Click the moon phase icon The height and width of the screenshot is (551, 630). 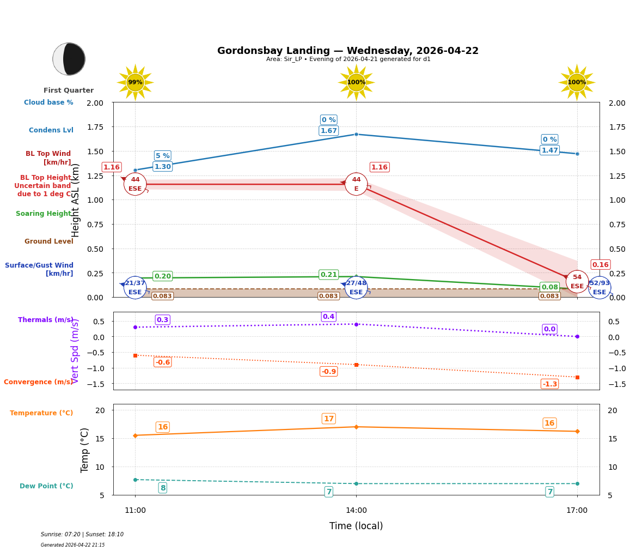point(69,59)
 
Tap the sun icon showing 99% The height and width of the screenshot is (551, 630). point(135,82)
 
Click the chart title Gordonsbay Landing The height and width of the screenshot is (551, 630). point(347,51)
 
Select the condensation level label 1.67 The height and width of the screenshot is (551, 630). point(328,131)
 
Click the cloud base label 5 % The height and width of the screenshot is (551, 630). point(162,156)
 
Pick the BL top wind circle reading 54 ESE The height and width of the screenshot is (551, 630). point(577,282)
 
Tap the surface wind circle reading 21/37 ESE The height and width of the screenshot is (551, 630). point(135,287)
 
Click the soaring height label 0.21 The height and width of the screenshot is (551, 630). point(328,275)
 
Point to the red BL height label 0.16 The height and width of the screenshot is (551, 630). point(600,265)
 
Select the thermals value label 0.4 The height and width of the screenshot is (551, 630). point(328,317)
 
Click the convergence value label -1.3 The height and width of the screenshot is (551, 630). point(549,384)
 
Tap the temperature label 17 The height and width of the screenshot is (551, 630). point(328,419)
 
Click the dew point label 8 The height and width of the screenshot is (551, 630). point(162,488)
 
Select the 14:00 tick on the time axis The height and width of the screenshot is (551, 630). point(356,511)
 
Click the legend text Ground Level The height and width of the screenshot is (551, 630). point(48,241)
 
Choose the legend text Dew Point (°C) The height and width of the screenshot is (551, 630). point(46,486)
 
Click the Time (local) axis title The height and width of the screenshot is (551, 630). point(356,526)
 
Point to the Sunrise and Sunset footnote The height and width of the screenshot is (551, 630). point(82,535)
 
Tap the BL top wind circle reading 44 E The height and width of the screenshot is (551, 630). point(356,184)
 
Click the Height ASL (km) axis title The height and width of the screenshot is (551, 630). point(76,200)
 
